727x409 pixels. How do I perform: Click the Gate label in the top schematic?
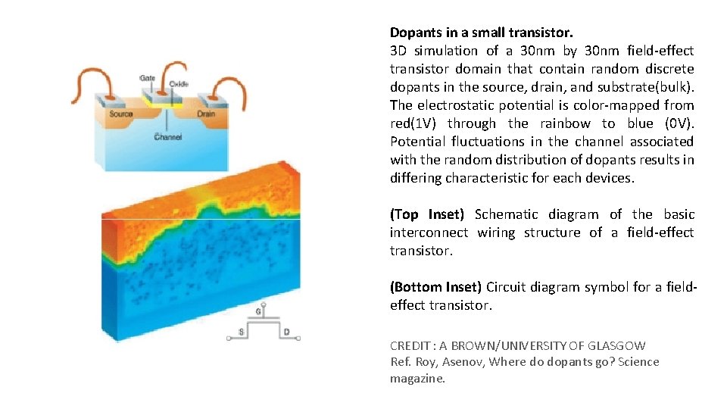tap(147, 79)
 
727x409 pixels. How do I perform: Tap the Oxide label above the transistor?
tap(179, 83)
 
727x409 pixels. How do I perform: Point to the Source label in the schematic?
tap(120, 114)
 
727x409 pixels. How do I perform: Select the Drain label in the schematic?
tap(205, 114)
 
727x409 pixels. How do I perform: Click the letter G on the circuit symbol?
tap(260, 311)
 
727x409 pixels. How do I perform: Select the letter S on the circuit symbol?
tap(241, 332)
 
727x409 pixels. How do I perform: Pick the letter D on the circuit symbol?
tap(286, 332)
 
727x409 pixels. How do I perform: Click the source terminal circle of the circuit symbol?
tap(230, 338)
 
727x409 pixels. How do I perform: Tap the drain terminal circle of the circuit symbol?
tap(297, 338)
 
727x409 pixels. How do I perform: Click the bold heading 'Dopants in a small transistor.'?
tap(481, 33)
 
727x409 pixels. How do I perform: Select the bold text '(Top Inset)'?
tap(426, 214)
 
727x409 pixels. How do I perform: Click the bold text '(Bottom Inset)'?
tap(435, 287)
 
